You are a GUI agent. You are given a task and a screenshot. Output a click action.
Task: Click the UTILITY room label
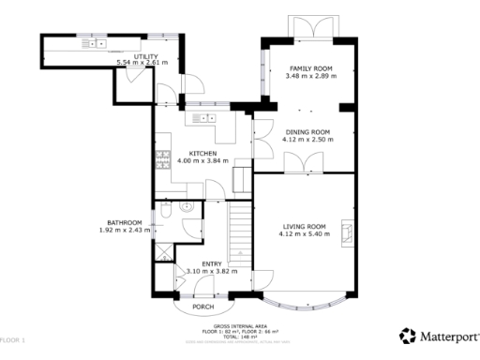145,56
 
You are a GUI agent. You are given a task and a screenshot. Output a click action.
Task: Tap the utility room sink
97,43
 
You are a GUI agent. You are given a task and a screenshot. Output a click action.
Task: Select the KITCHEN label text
202,153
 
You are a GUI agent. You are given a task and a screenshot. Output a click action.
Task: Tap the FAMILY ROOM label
310,68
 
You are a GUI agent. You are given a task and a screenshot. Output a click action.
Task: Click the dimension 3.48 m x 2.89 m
310,76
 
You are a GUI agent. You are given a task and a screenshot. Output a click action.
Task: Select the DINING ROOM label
308,132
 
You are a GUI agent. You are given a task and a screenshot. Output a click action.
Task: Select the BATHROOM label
124,223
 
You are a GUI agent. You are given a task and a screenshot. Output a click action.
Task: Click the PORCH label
202,307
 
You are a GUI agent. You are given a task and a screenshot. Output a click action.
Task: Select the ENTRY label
212,264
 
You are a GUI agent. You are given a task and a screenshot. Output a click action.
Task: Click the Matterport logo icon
406,335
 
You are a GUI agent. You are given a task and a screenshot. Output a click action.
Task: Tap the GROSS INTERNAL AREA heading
240,325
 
